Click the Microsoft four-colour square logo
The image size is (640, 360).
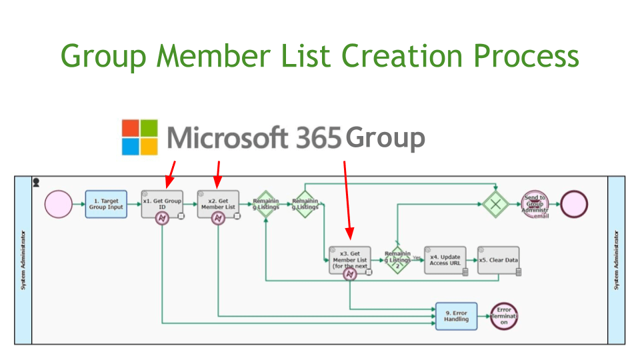(x=139, y=137)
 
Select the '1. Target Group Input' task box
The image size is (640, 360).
(x=105, y=204)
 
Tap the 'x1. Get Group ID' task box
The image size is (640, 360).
(x=162, y=204)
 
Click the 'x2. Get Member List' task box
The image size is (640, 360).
(x=218, y=204)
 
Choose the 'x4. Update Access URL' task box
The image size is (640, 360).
(x=445, y=261)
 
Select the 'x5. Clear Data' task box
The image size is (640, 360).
(x=499, y=261)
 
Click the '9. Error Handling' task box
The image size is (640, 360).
(x=457, y=316)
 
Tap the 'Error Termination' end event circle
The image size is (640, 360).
(x=504, y=316)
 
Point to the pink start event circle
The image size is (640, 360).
(x=59, y=204)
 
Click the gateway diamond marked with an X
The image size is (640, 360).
(x=496, y=204)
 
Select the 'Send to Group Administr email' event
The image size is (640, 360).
(x=535, y=204)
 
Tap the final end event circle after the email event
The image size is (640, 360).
(x=575, y=204)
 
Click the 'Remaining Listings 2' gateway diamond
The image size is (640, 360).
(x=397, y=261)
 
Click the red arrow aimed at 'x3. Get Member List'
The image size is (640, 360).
(x=346, y=200)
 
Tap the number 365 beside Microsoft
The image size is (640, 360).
(x=316, y=137)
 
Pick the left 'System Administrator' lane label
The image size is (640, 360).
(x=23, y=260)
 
